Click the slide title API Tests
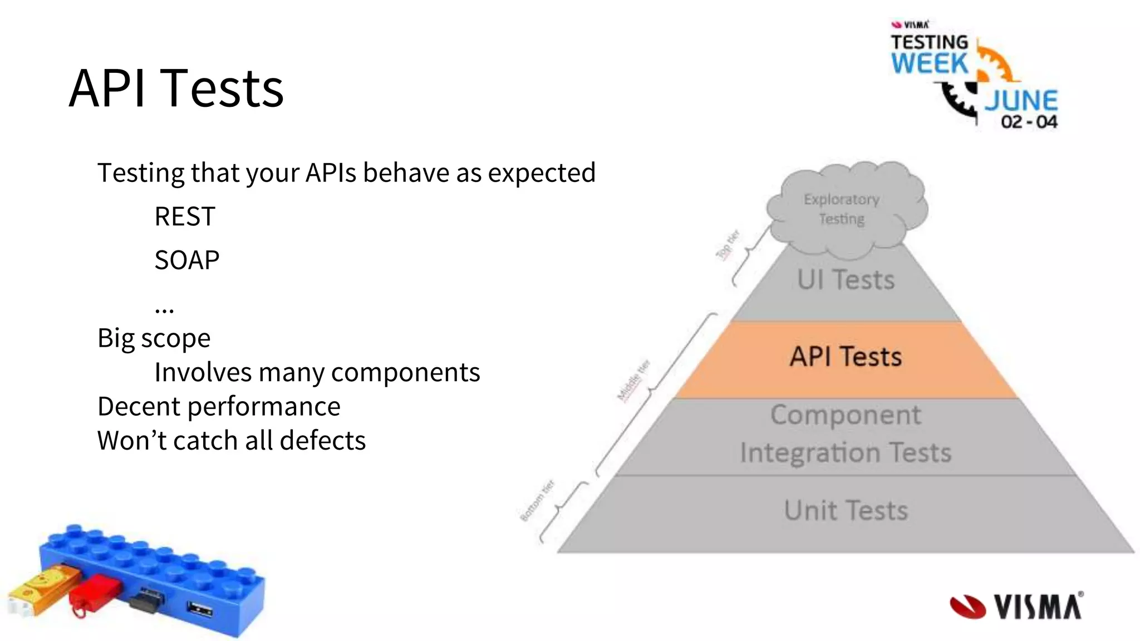(x=176, y=88)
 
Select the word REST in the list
(x=184, y=216)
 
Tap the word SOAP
(x=186, y=260)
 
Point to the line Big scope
(x=154, y=338)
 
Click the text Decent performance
(x=219, y=406)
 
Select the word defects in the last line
(x=323, y=440)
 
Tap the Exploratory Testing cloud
(x=842, y=209)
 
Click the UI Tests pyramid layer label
(x=846, y=280)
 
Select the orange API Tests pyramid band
(x=846, y=357)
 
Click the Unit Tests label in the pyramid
(x=846, y=510)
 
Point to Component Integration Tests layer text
(x=846, y=433)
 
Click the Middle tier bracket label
(x=633, y=380)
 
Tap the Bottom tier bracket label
(x=537, y=501)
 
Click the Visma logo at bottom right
(x=1016, y=606)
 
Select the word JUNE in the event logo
(x=1021, y=101)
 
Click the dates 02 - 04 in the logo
(x=1029, y=122)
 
